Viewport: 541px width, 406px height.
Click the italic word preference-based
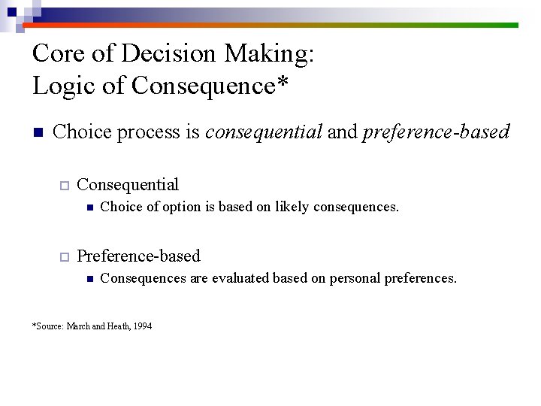436,133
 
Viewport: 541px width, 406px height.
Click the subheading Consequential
128,185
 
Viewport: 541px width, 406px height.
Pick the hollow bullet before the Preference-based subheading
65,257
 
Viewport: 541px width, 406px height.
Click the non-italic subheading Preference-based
138,256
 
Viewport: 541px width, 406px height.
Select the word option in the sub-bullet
170,207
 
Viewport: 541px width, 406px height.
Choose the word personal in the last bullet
352,278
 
